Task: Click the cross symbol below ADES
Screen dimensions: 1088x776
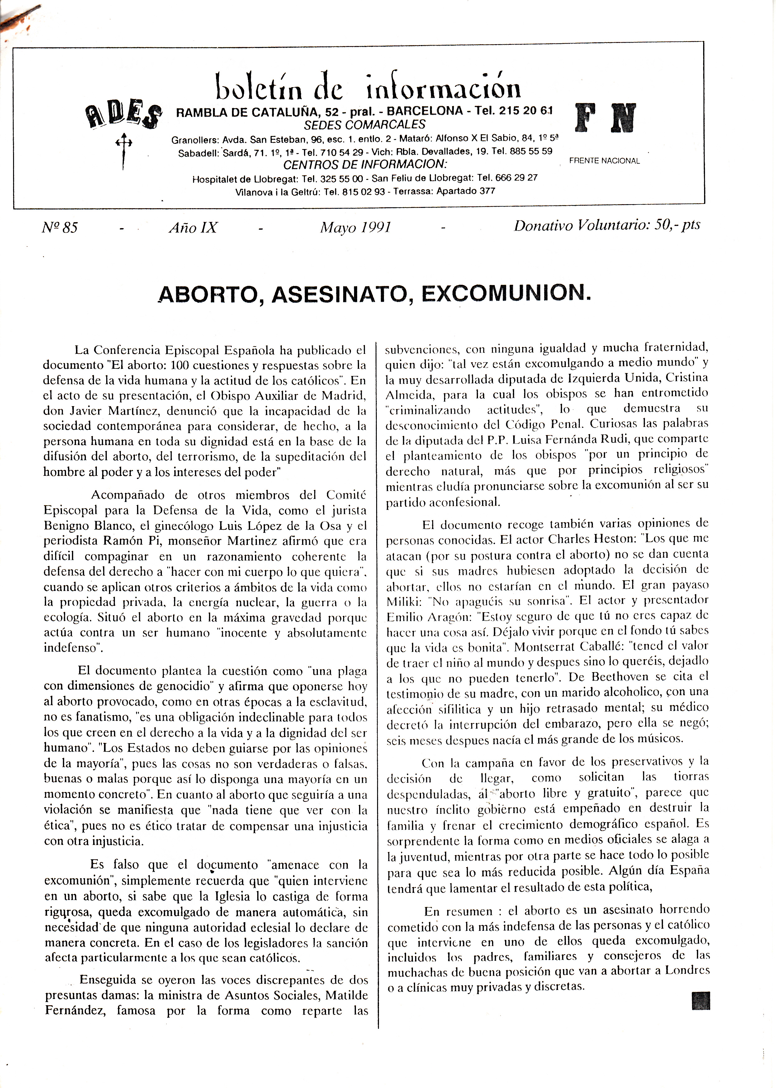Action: pos(123,150)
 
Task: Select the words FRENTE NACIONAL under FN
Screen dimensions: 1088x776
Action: pos(604,161)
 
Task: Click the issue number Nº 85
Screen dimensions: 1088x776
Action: pos(60,227)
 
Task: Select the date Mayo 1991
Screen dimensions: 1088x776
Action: pos(356,227)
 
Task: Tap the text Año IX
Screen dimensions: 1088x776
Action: pos(193,228)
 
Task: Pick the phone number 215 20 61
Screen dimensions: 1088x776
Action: pos(526,111)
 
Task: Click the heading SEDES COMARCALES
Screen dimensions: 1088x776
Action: pos(365,125)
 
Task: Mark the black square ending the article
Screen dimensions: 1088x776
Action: pos(701,1001)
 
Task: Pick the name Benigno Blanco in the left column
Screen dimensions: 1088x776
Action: pos(90,526)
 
